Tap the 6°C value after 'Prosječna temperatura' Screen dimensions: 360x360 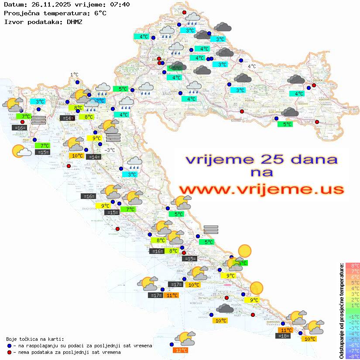pyautogui.click(x=100, y=13)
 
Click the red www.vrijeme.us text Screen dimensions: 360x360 pyautogui.click(x=261, y=189)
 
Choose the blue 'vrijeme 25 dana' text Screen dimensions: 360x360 pyautogui.click(x=261, y=160)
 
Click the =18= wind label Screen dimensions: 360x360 pyautogui.click(x=284, y=336)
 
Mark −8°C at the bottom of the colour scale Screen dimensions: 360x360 pyautogui.click(x=353, y=357)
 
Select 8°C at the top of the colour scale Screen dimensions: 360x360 pyautogui.click(x=353, y=266)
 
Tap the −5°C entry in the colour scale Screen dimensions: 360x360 pyautogui.click(x=353, y=339)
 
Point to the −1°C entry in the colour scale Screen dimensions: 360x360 pyautogui.click(x=353, y=317)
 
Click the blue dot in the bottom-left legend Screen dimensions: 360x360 pyautogui.click(x=9, y=346)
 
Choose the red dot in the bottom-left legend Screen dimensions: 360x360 pyautogui.click(x=9, y=352)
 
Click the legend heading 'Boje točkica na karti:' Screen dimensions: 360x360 pyautogui.click(x=35, y=339)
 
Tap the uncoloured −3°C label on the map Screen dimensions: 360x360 pyautogui.click(x=110, y=150)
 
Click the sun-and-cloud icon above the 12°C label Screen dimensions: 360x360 pyautogui.click(x=185, y=338)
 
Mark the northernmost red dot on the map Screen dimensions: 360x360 pyautogui.click(x=184, y=12)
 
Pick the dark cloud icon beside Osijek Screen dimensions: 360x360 pyautogui.click(x=296, y=80)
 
